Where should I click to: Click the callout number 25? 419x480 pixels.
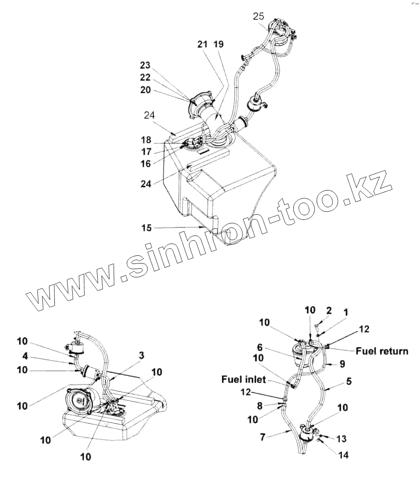259,16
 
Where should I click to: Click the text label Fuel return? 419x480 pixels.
382,351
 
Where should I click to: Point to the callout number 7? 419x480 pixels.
263,437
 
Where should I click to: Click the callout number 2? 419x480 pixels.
329,310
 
